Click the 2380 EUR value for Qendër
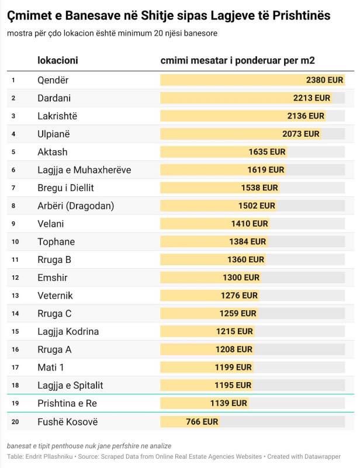tap(324, 80)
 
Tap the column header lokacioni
tap(57, 61)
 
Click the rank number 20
tap(15, 422)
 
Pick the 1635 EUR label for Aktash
tap(266, 152)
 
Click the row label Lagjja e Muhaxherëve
tap(84, 170)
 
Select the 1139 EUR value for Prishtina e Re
tap(229, 403)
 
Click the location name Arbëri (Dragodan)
tap(75, 206)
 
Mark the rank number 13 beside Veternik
tap(15, 296)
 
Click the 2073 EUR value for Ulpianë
tap(300, 134)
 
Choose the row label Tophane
tap(56, 242)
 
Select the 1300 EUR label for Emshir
tap(241, 278)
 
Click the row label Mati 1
tap(51, 368)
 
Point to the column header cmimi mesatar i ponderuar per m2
tap(238, 61)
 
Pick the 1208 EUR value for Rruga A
tap(234, 349)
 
